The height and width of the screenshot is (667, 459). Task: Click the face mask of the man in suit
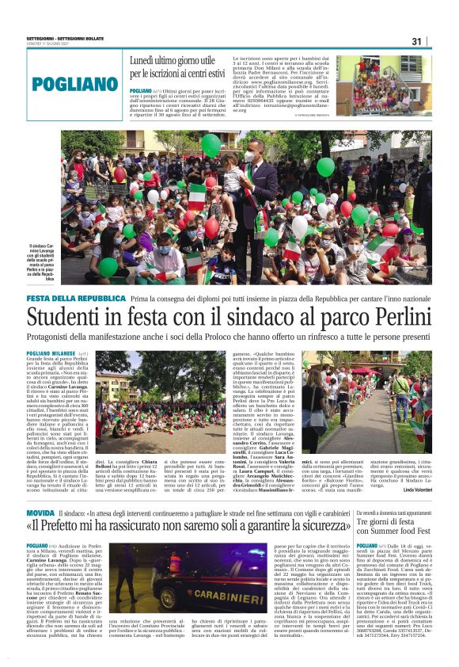pos(249,157)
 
